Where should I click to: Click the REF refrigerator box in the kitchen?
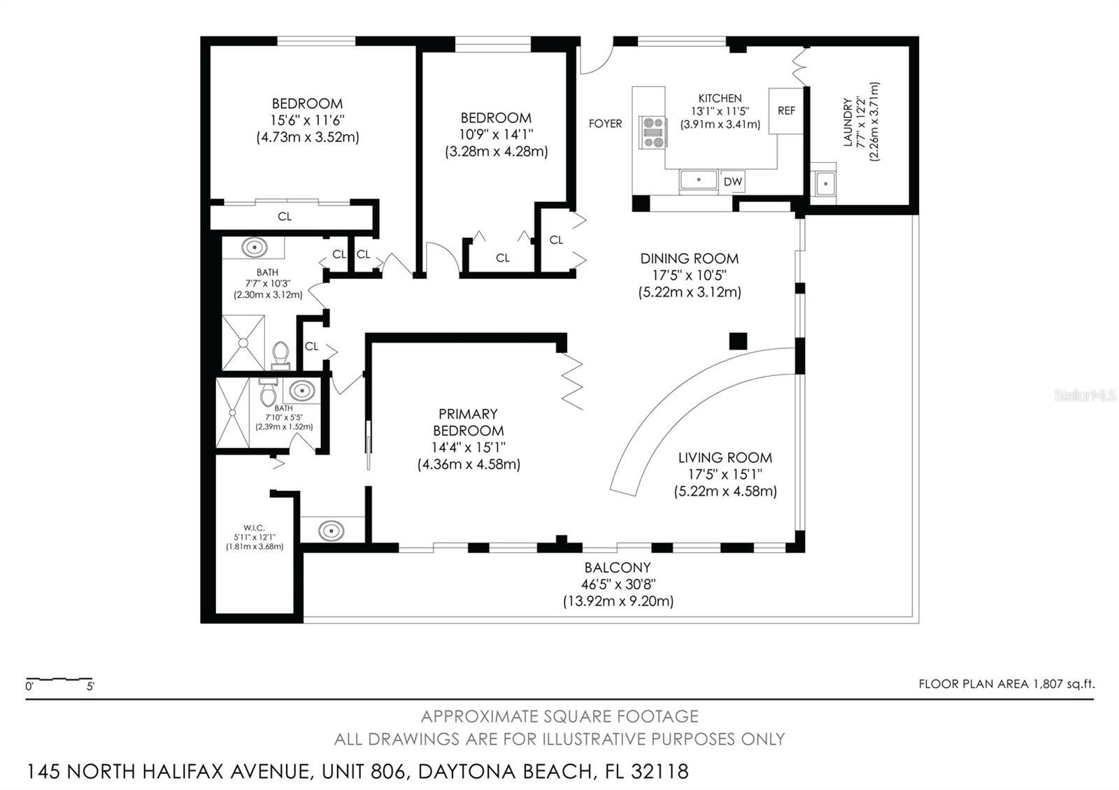click(x=786, y=111)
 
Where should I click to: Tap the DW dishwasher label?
click(x=732, y=182)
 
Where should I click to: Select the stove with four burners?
click(x=653, y=132)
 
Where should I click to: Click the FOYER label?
click(x=606, y=123)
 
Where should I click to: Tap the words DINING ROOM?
click(x=690, y=259)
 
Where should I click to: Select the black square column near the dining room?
click(x=738, y=341)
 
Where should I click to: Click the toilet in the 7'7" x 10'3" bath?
click(x=280, y=355)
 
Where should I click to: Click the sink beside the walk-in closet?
click(x=332, y=530)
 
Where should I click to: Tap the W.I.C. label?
click(x=254, y=527)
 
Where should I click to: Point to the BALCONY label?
click(x=618, y=567)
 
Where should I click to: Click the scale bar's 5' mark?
click(x=90, y=687)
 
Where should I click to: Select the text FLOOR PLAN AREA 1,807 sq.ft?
click(x=1006, y=684)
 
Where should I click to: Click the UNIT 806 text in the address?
click(x=363, y=772)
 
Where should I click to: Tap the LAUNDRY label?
click(x=848, y=122)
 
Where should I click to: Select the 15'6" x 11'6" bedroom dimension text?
click(x=307, y=120)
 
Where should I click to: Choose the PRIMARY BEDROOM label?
click(x=469, y=422)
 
